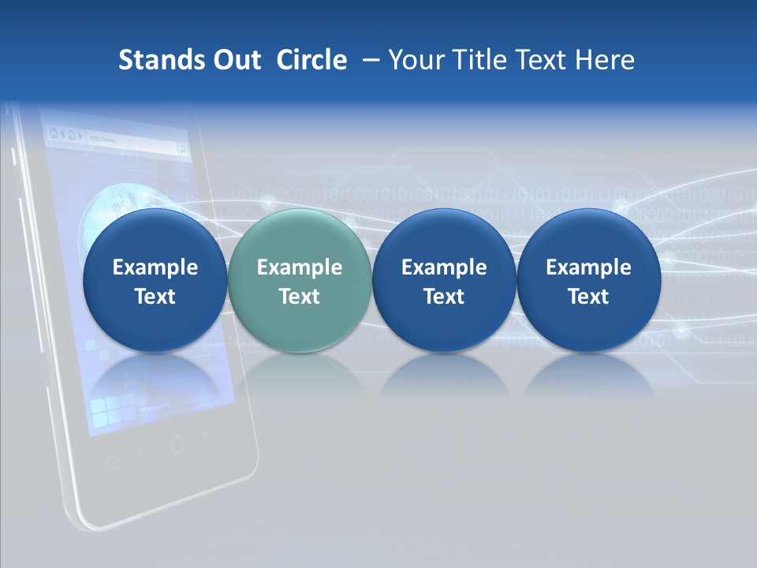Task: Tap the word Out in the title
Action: tap(236, 60)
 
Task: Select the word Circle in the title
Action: tap(311, 60)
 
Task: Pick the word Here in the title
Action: tap(604, 60)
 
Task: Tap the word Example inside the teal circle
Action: tap(300, 267)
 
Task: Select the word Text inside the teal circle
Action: tap(300, 297)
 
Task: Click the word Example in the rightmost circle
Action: tap(588, 267)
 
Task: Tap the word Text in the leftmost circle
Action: tap(155, 297)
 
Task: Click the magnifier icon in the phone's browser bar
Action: tap(181, 148)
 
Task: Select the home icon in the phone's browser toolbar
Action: tap(53, 133)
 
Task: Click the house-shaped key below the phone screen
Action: tap(111, 461)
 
